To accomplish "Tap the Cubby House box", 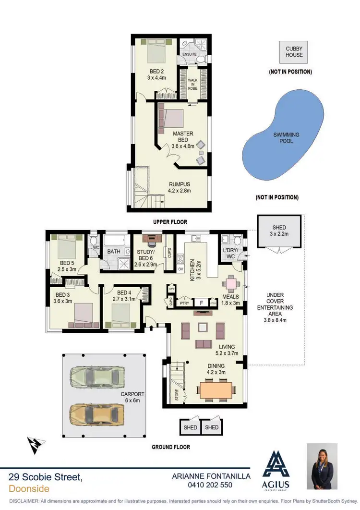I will (294, 52).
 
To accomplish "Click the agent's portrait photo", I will (323, 466).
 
